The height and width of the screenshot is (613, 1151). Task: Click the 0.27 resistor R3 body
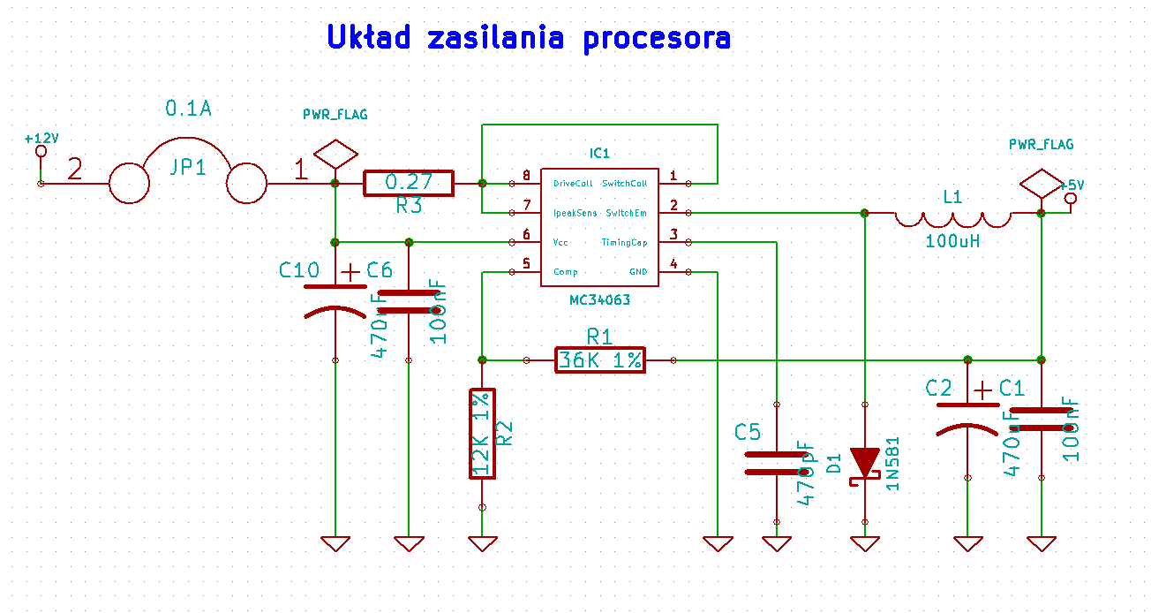pyautogui.click(x=409, y=183)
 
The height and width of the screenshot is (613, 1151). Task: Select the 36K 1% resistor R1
pyautogui.click(x=600, y=360)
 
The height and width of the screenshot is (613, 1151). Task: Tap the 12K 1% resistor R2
pyautogui.click(x=482, y=434)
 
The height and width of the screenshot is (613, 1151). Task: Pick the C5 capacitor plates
pyautogui.click(x=776, y=463)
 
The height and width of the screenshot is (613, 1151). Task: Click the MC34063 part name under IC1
pyautogui.click(x=600, y=300)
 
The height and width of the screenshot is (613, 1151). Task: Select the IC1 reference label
pyautogui.click(x=600, y=153)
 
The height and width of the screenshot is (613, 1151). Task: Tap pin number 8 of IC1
pyautogui.click(x=526, y=176)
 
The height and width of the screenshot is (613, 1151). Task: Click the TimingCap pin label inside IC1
pyautogui.click(x=625, y=242)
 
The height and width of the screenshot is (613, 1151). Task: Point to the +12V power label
pyautogui.click(x=41, y=139)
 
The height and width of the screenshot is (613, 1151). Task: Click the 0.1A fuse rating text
pyautogui.click(x=189, y=109)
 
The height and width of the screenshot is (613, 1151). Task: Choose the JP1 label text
pyautogui.click(x=188, y=167)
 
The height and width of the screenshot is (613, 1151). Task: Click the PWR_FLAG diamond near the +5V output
pyautogui.click(x=1040, y=183)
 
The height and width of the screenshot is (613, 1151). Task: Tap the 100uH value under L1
pyautogui.click(x=954, y=240)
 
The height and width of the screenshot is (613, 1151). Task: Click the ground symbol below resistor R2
pyautogui.click(x=482, y=543)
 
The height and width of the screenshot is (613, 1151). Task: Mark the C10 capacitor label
pyautogui.click(x=298, y=270)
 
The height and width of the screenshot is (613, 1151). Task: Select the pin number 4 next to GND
pyautogui.click(x=673, y=264)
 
